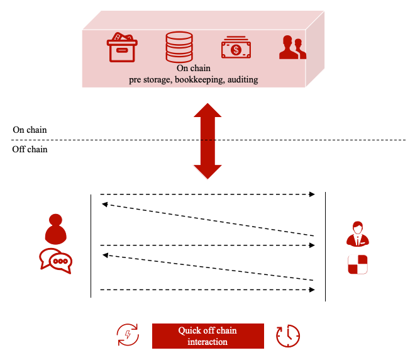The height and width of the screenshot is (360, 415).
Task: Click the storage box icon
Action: pyautogui.click(x=122, y=47)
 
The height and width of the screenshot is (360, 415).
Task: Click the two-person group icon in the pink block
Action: pyautogui.click(x=292, y=47)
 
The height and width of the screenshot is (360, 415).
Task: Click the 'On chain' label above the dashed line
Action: pyautogui.click(x=30, y=130)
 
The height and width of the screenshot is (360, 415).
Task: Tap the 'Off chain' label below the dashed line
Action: pyautogui.click(x=30, y=150)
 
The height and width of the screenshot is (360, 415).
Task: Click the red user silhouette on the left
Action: pyautogui.click(x=55, y=230)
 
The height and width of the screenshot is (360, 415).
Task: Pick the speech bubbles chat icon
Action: pyautogui.click(x=55, y=261)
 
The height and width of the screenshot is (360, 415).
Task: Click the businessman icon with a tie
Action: pyautogui.click(x=357, y=233)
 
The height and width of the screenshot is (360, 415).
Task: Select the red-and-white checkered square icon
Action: pyautogui.click(x=357, y=264)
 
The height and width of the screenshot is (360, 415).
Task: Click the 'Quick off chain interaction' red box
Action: pyautogui.click(x=207, y=336)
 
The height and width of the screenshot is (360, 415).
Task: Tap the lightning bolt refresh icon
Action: pyautogui.click(x=128, y=335)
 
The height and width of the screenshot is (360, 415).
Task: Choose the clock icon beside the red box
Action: pyautogui.click(x=288, y=336)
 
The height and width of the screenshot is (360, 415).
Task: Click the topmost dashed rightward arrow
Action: pyautogui.click(x=207, y=194)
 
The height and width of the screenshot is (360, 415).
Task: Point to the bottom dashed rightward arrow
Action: pyautogui.click(x=207, y=290)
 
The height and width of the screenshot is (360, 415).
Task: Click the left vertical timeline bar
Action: pyautogui.click(x=91, y=245)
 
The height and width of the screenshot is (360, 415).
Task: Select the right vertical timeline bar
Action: pyautogui.click(x=325, y=245)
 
